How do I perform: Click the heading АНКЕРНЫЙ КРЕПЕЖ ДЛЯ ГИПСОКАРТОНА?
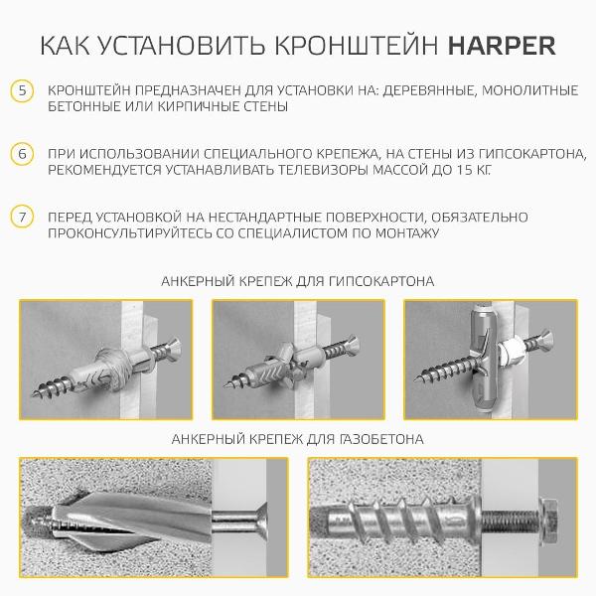298,281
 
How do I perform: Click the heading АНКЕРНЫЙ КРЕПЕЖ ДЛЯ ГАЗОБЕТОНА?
298,438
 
